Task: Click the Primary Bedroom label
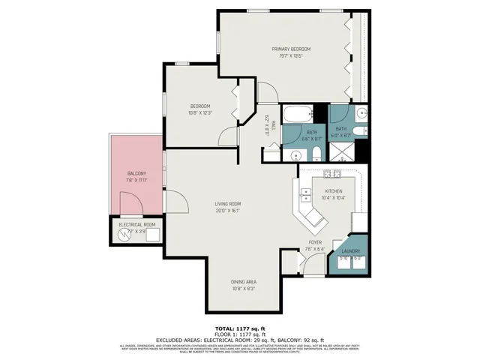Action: click(x=291, y=49)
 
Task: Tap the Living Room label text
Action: click(x=227, y=203)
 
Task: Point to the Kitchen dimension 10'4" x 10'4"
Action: click(x=333, y=197)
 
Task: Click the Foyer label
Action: click(x=316, y=243)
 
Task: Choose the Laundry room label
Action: click(x=351, y=251)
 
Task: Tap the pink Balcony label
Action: click(x=136, y=173)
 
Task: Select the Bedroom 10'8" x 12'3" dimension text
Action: click(x=200, y=112)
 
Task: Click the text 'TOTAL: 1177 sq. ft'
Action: click(x=240, y=328)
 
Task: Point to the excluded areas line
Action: click(x=240, y=340)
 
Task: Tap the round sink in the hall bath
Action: click(x=292, y=155)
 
